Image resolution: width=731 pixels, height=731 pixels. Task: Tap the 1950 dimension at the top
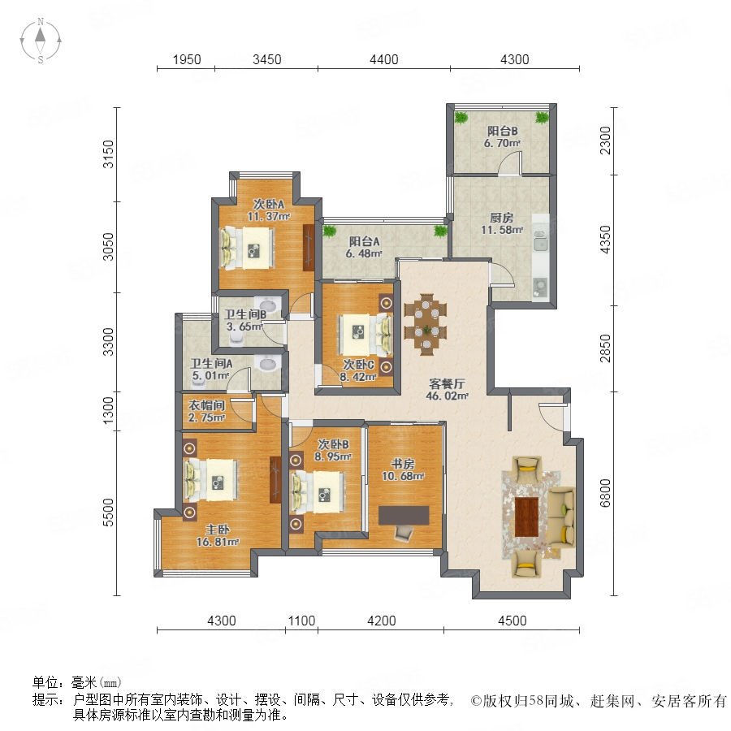click(187, 59)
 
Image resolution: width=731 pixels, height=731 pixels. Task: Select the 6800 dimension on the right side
click(604, 493)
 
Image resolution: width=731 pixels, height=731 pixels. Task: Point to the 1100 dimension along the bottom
click(301, 621)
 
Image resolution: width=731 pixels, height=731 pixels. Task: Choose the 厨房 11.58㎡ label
click(502, 224)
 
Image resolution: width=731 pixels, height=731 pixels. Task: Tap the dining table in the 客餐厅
click(426, 324)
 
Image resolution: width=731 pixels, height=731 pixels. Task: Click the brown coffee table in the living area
click(527, 517)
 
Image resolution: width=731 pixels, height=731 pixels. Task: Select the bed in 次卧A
click(247, 248)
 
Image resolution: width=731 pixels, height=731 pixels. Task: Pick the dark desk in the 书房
click(404, 515)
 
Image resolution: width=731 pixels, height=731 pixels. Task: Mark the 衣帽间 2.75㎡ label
click(207, 411)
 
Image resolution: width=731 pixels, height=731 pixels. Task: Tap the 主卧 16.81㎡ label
click(218, 536)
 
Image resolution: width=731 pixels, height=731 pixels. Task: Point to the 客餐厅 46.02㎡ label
click(447, 390)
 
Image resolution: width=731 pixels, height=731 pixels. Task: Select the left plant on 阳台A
click(330, 231)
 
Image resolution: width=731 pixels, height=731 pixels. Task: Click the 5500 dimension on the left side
click(108, 513)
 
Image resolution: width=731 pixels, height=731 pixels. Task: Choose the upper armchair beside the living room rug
click(527, 469)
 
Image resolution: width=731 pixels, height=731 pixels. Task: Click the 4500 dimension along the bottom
click(512, 621)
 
